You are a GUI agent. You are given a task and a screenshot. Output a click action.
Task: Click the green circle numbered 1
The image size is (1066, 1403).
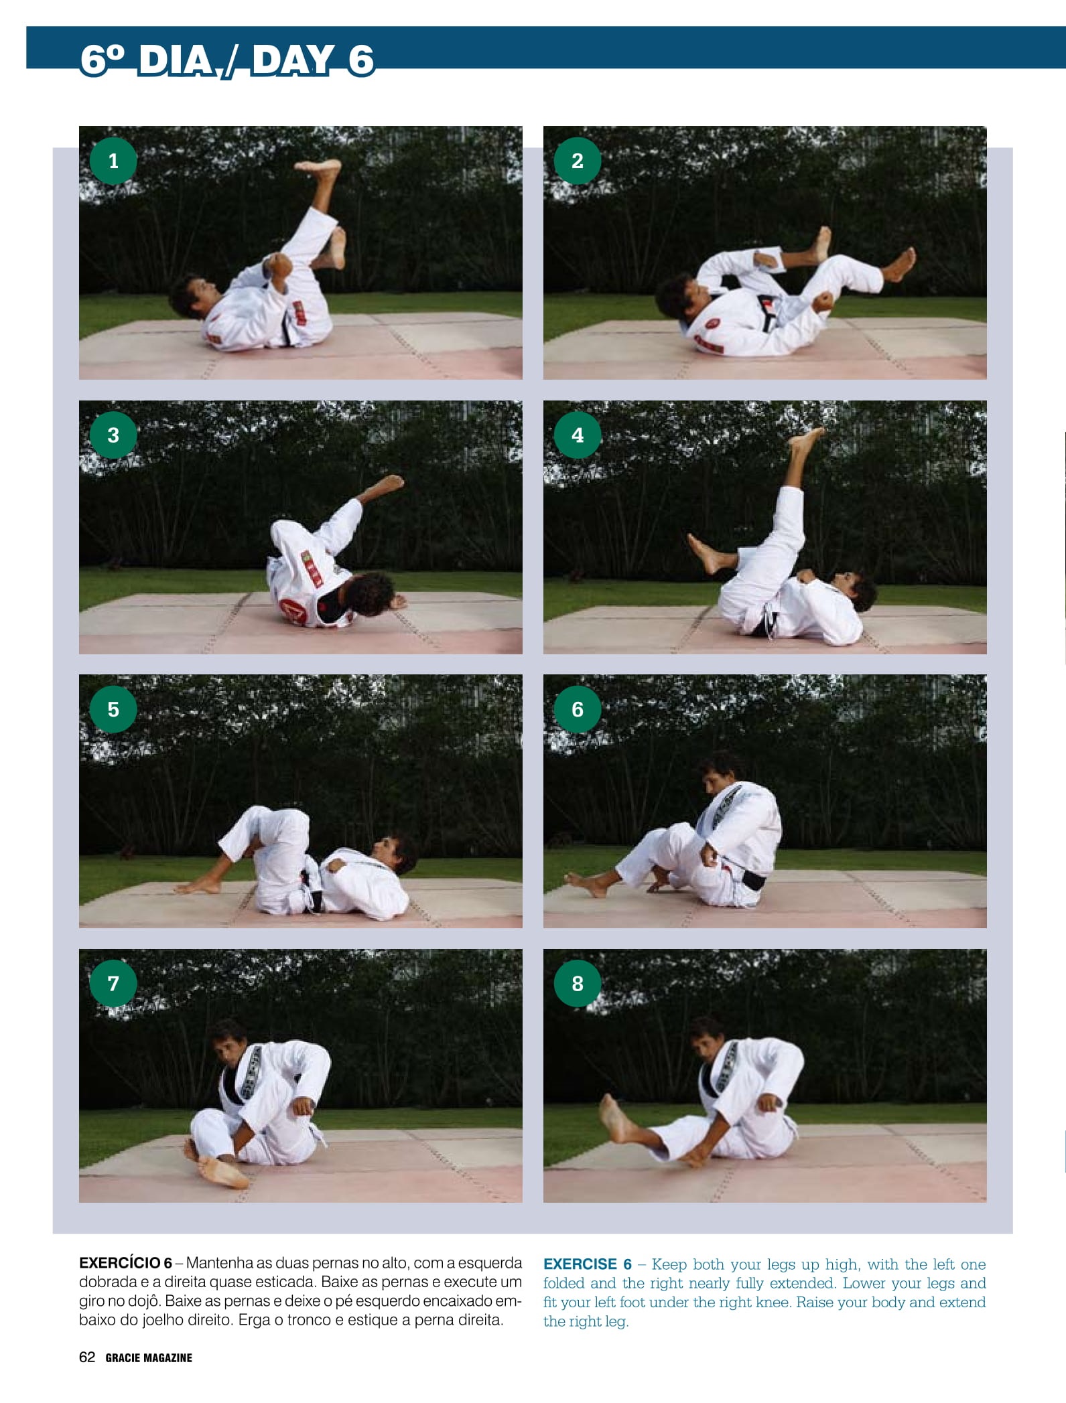[x=113, y=161]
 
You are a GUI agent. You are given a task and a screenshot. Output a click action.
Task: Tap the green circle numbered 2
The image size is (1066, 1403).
[x=578, y=161]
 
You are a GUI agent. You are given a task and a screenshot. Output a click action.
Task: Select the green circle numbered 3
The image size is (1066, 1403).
[x=113, y=435]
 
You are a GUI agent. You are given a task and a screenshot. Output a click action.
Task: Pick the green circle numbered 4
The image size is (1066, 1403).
[x=578, y=435]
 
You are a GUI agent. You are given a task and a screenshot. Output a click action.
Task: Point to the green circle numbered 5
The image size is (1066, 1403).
[x=113, y=709]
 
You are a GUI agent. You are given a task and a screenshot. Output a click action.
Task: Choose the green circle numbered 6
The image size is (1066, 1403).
[x=578, y=709]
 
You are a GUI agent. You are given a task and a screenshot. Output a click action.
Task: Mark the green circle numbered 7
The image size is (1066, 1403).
[x=113, y=983]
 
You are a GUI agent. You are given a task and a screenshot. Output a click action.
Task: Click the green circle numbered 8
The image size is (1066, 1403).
[x=578, y=983]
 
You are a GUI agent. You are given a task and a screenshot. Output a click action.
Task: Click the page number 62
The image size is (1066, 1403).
[x=87, y=1357]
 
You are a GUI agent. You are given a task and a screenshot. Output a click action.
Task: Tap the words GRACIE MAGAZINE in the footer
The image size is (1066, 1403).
[x=149, y=1358]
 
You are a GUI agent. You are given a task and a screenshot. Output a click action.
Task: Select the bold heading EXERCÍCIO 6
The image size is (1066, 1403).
[x=125, y=1263]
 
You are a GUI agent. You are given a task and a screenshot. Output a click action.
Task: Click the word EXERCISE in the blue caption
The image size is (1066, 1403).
[x=580, y=1264]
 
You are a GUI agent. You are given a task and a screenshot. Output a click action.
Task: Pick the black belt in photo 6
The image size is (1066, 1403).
[x=751, y=878]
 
